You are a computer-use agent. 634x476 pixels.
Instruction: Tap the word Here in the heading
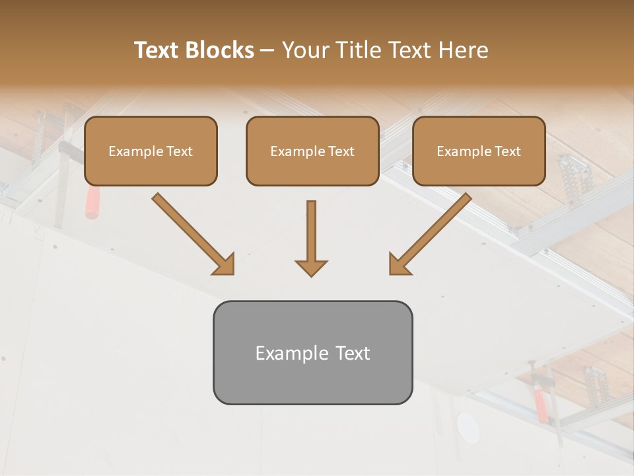[x=463, y=50]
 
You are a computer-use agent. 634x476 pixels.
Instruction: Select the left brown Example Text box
[x=151, y=151]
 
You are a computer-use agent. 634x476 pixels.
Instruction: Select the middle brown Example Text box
[x=312, y=151]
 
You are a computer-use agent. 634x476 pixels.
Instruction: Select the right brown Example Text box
[x=479, y=151]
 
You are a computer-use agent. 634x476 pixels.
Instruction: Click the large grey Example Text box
[x=312, y=352]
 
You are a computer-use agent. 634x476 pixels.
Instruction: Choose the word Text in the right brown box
[x=507, y=151]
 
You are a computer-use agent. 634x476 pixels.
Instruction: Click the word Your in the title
[x=304, y=50]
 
